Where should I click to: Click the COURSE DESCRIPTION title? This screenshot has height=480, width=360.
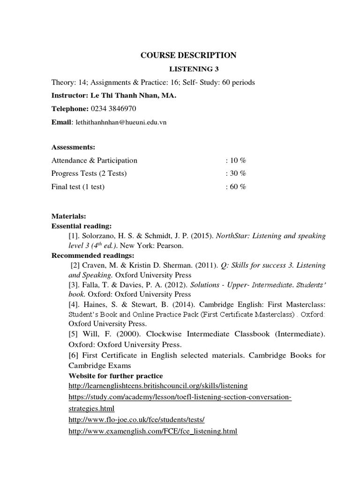coord(188,56)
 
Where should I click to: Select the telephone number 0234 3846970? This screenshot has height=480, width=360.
coord(113,109)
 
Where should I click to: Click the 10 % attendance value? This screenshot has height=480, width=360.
coord(237,161)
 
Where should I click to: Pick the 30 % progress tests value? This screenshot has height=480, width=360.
coord(237,173)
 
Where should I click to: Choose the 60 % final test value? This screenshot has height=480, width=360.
coord(237,187)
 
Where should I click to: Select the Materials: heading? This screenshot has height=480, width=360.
coord(68,217)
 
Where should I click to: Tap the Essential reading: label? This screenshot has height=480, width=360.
coord(82,226)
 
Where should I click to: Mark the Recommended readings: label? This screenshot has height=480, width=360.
coord(93,255)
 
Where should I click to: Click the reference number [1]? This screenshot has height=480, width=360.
coord(75,236)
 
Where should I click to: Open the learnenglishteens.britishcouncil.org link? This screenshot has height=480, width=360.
coord(158,386)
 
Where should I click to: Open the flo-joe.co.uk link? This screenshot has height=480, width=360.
coord(136,420)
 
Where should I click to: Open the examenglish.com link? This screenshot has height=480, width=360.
coord(153,431)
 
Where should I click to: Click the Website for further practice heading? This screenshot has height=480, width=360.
coord(116,375)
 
